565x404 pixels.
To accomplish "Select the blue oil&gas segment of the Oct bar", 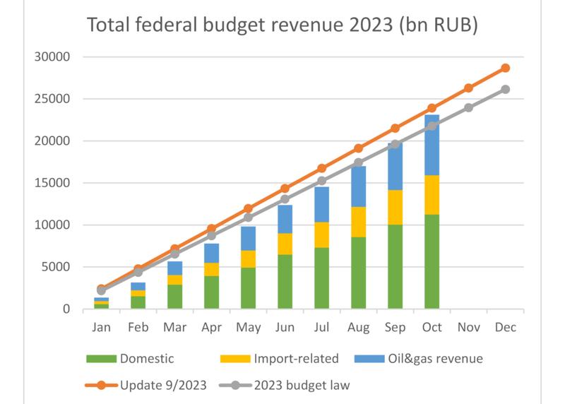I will pos(432,145).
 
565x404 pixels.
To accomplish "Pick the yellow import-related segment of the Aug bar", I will pos(358,222).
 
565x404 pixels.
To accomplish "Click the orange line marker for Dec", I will pos(505,68).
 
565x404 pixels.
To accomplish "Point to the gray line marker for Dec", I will pos(505,90).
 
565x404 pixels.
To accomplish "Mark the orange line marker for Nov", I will pos(468,88).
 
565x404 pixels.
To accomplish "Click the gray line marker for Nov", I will pos(468,107).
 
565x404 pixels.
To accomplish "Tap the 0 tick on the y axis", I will pos(66,309).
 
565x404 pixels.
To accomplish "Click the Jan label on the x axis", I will pos(101,328).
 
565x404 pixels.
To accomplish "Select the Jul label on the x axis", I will pos(321,328).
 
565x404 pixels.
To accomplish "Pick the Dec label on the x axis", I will pos(505,328).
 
